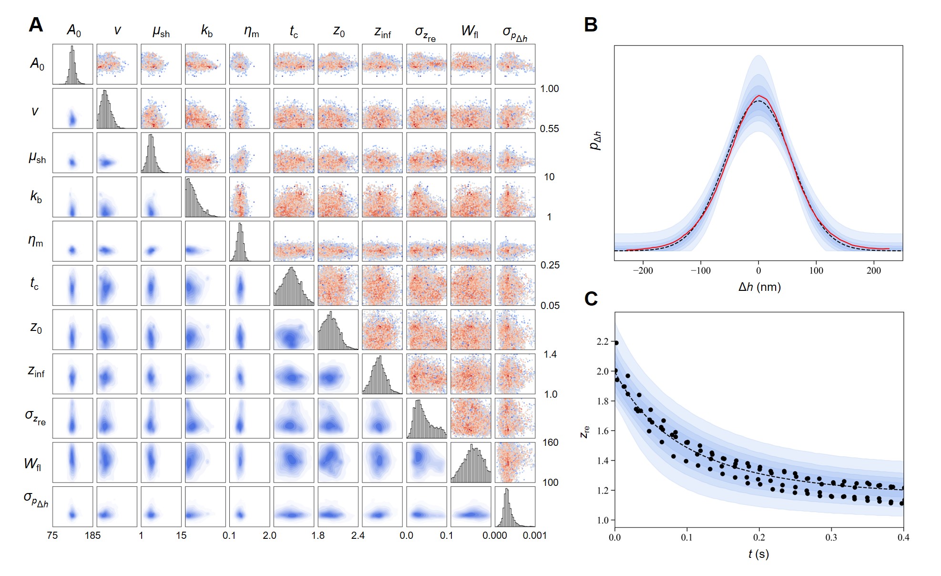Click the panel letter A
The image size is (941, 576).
[36, 25]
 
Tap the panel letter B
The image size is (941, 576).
[591, 25]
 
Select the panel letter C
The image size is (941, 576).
[591, 299]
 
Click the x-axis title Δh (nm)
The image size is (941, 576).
[759, 287]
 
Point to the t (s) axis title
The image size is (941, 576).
[758, 554]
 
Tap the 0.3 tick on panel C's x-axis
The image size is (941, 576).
[831, 537]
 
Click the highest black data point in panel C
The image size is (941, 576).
[616, 343]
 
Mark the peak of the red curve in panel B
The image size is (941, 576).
[759, 95]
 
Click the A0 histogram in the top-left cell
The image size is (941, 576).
[72, 65]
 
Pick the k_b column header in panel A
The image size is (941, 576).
[206, 31]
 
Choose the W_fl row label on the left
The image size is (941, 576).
[33, 463]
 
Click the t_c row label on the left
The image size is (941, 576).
[34, 284]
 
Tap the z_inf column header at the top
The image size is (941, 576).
[382, 32]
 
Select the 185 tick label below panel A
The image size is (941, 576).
[92, 535]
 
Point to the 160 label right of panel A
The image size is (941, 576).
[550, 442]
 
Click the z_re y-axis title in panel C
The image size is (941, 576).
[585, 432]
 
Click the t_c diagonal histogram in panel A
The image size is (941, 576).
[294, 286]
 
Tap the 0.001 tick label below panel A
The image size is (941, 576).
[534, 535]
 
